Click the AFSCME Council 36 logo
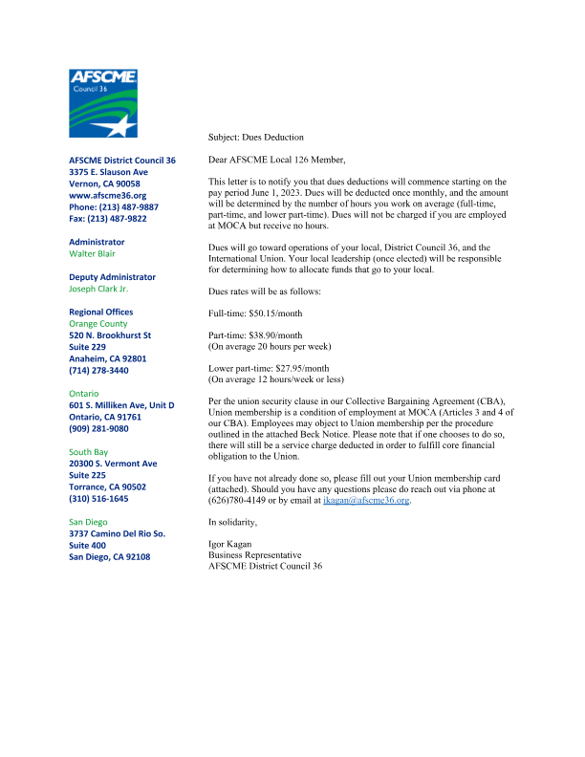(x=103, y=104)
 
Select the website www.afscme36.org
(x=107, y=195)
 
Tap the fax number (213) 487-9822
(x=108, y=218)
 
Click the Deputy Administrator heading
(x=112, y=277)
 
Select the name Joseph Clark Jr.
(x=98, y=289)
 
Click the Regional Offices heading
(x=101, y=312)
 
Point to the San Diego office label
(x=89, y=522)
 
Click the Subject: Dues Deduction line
(x=255, y=138)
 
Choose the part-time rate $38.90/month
(x=254, y=336)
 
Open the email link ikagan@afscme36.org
(x=366, y=499)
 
